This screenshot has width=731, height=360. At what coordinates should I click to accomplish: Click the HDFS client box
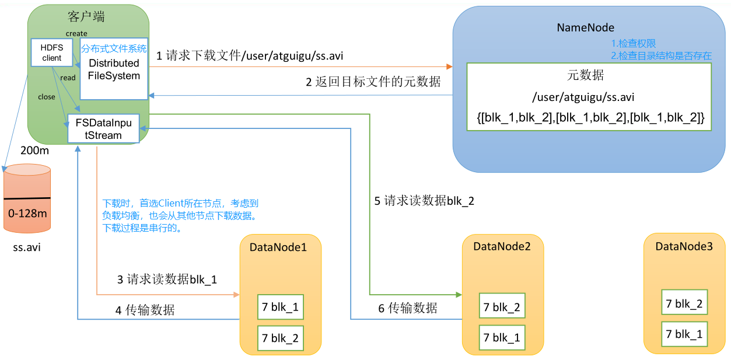point(52,53)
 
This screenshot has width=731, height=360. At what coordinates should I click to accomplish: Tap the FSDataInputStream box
point(104,128)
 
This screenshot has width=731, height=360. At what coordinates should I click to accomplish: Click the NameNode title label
point(585,27)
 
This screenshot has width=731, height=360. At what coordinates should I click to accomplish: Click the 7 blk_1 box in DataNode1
point(280,307)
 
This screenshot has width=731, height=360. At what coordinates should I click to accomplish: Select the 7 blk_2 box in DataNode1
point(280,337)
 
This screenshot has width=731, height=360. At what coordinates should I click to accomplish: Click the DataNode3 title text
point(684,246)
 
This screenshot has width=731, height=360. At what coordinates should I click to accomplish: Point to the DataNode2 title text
point(502,246)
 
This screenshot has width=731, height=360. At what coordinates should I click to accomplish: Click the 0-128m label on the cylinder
point(27,214)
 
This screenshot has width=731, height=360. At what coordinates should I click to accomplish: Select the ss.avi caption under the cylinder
point(27,247)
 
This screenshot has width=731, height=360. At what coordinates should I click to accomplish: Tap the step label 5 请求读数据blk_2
point(424,201)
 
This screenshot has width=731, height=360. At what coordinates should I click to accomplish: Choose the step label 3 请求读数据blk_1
point(167,279)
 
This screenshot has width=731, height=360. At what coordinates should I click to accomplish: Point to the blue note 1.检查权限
point(633,44)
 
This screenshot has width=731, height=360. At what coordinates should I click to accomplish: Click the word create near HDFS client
point(76,34)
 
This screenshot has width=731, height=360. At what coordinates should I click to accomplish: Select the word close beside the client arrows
point(47,97)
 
